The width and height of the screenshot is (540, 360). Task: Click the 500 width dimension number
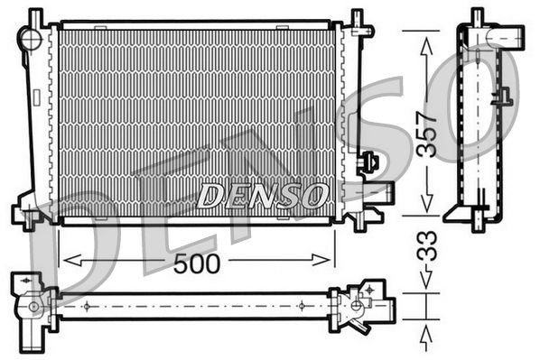click(196, 263)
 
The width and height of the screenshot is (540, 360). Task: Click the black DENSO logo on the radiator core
click(263, 194)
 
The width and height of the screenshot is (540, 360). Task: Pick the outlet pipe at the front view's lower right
click(380, 192)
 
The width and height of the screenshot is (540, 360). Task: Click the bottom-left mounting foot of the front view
click(29, 217)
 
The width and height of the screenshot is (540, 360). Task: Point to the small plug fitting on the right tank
click(368, 163)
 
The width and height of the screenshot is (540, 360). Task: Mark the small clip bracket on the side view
click(502, 97)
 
